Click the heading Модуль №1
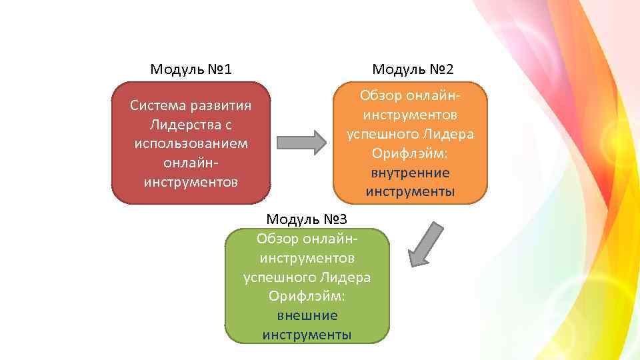coord(191,69)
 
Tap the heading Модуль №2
coord(413,69)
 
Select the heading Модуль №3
coord(307,219)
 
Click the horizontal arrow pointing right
coord(301,141)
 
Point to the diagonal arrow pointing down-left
coord(425,245)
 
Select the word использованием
coord(191,143)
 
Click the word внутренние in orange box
coord(410,173)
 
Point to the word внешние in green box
coord(307,315)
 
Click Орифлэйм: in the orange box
coord(410,153)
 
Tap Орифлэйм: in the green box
coord(307,296)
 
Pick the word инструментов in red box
coord(191,181)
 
